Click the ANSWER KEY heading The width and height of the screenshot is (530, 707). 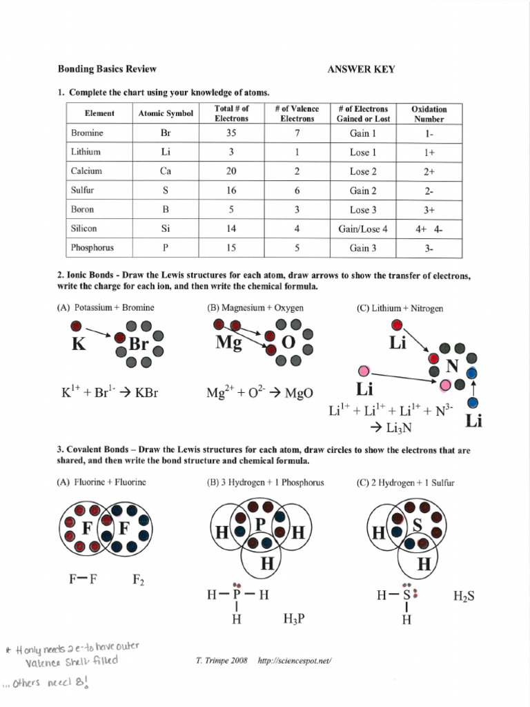pyautogui.click(x=360, y=69)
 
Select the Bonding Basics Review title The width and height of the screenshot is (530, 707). pyautogui.click(x=107, y=69)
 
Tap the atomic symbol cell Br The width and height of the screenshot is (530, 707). pyautogui.click(x=166, y=133)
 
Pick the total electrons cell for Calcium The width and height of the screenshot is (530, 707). pyautogui.click(x=232, y=171)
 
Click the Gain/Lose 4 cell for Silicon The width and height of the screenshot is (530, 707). pyautogui.click(x=369, y=229)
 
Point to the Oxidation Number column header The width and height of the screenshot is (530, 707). pyautogui.click(x=429, y=114)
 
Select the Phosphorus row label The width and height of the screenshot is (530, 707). pyautogui.click(x=92, y=247)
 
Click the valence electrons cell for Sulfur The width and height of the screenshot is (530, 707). pyautogui.click(x=297, y=191)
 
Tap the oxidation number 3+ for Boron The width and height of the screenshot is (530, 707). pyautogui.click(x=429, y=210)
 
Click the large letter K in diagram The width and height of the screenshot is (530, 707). pyautogui.click(x=79, y=344)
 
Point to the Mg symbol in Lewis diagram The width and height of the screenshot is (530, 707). pyautogui.click(x=228, y=342)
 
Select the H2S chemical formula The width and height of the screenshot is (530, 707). pyautogui.click(x=464, y=596)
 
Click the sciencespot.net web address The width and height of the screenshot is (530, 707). pyautogui.click(x=295, y=661)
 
